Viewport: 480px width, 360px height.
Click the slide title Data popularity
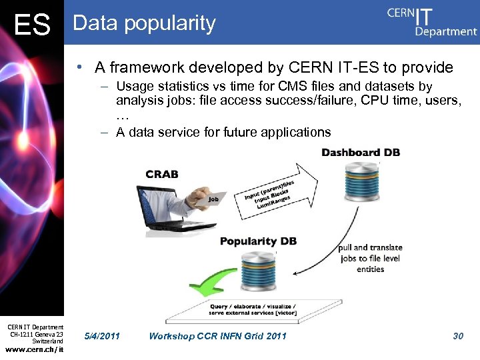tap(144, 23)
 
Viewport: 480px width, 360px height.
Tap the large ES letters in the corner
tap(32, 25)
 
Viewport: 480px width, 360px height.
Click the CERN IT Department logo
tap(431, 21)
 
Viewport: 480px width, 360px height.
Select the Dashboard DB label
tap(361, 153)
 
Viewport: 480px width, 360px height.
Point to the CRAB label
tap(162, 174)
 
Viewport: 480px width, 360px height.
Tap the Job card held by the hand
tap(213, 199)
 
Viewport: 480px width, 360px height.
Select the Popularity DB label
tap(258, 241)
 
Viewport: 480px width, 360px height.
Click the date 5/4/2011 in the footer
tap(103, 336)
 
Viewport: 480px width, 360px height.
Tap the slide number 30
tap(457, 336)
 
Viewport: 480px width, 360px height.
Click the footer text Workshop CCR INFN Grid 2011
tap(217, 336)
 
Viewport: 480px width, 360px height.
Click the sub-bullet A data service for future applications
tap(223, 132)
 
